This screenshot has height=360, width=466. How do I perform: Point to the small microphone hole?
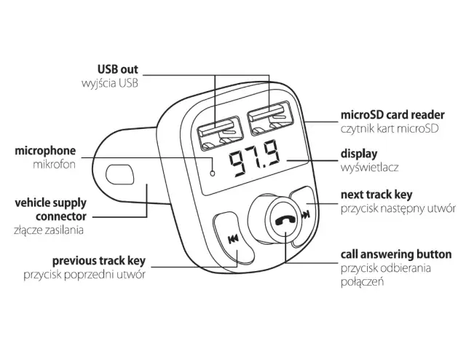tap(212, 173)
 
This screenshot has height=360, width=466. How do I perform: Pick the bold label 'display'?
tap(359, 154)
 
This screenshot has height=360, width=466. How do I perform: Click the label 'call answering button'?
tap(396, 254)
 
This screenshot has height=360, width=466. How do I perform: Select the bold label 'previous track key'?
tap(98, 260)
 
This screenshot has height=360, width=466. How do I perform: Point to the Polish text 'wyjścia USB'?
tap(109, 84)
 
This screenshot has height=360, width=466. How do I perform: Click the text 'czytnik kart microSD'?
tap(390, 129)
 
